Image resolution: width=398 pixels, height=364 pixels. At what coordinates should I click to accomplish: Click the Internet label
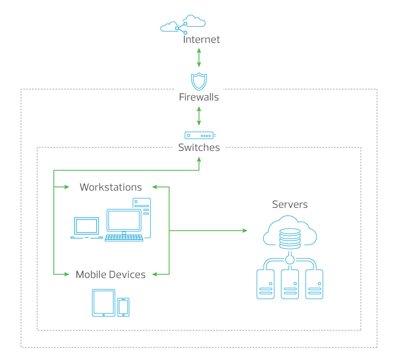pyautogui.click(x=201, y=39)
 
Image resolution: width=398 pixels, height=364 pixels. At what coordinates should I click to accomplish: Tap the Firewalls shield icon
pyautogui.click(x=199, y=82)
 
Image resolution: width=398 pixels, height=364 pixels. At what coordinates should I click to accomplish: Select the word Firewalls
pyautogui.click(x=199, y=97)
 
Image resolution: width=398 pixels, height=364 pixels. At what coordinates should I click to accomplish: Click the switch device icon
pyautogui.click(x=200, y=135)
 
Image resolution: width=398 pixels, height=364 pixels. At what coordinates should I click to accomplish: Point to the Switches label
pyautogui.click(x=199, y=148)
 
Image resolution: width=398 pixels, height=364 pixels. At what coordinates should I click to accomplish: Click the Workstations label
pyautogui.click(x=111, y=187)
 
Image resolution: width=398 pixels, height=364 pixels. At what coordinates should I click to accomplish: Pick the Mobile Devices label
pyautogui.click(x=111, y=275)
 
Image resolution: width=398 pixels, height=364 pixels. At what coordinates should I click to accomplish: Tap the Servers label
pyautogui.click(x=290, y=205)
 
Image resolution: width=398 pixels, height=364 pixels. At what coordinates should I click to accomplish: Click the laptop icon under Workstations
pyautogui.click(x=87, y=228)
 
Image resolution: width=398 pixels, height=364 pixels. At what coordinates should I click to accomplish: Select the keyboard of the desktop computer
pyautogui.click(x=124, y=238)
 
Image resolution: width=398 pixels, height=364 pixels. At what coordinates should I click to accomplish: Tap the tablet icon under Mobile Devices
pyautogui.click(x=104, y=303)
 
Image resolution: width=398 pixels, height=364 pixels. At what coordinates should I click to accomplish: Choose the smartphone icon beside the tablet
pyautogui.click(x=123, y=307)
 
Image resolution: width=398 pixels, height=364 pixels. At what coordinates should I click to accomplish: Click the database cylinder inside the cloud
pyautogui.click(x=290, y=239)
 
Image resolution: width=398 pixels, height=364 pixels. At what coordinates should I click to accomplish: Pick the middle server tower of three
pyautogui.click(x=290, y=284)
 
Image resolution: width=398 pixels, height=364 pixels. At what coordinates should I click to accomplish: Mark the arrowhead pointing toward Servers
pyautogui.click(x=245, y=231)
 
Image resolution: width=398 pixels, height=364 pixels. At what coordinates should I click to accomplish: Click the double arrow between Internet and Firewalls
pyautogui.click(x=199, y=57)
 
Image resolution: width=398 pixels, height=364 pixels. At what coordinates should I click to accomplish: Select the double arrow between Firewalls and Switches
pyautogui.click(x=199, y=116)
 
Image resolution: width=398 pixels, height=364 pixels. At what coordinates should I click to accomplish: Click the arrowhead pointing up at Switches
pyautogui.click(x=199, y=159)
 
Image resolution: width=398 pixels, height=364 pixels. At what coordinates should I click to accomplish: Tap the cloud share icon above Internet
pyautogui.click(x=183, y=24)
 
